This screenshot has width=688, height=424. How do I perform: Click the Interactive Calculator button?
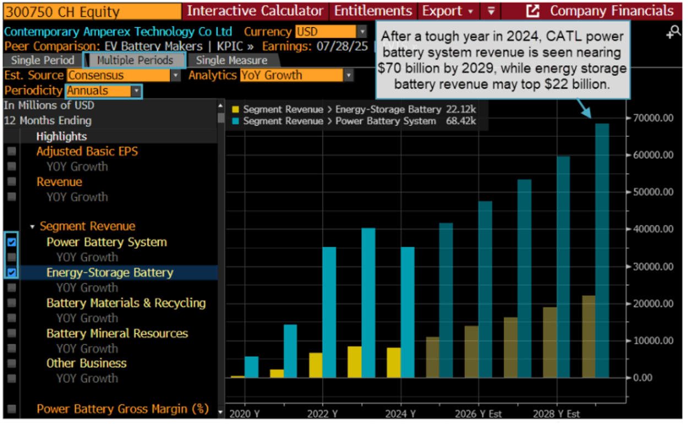coord(255,11)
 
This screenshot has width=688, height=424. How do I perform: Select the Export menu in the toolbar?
coord(447,11)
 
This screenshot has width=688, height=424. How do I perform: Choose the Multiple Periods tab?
coord(135,61)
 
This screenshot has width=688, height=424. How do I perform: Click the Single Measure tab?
coord(231,61)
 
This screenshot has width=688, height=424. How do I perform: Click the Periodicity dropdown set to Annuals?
coord(104,91)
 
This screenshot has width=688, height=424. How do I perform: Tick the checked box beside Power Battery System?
coord(12,242)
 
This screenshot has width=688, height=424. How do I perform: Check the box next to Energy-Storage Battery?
coord(12,272)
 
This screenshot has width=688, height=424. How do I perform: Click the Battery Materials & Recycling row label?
coord(126,303)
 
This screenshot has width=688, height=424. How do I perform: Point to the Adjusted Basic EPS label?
coord(87,152)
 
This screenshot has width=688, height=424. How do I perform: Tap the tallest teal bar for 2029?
coord(602,250)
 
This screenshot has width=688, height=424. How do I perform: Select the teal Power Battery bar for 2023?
coord(369,303)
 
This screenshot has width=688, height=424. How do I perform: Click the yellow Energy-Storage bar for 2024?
coord(393,363)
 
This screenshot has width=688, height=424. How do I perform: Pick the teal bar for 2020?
coord(251,367)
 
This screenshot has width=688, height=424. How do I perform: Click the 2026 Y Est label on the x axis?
coord(478,414)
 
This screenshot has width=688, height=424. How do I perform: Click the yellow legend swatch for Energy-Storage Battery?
coord(236,110)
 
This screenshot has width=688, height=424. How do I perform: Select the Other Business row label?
coord(86,363)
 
